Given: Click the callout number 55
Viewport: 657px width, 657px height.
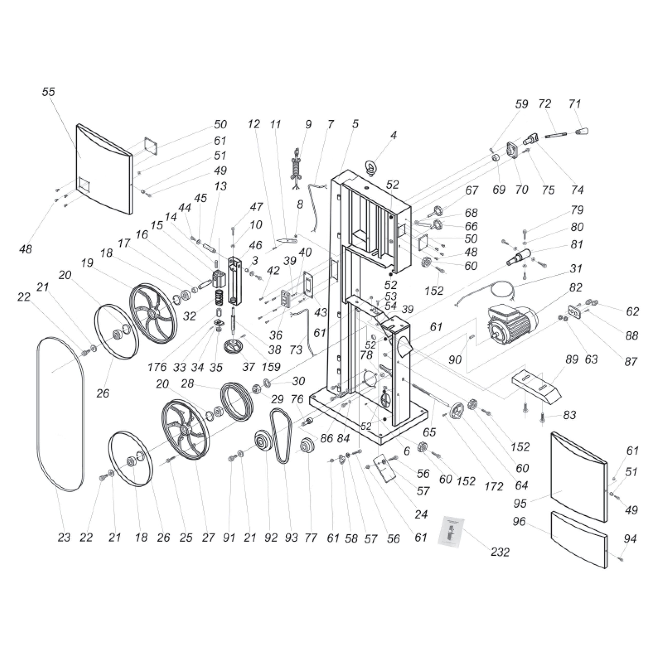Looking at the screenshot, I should pos(48,92).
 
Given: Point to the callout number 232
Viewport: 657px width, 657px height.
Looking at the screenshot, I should pos(500,552).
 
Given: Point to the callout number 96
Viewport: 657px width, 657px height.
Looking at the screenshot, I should pos(519,521).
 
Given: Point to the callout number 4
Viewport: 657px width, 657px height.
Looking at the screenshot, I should pos(393,135).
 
